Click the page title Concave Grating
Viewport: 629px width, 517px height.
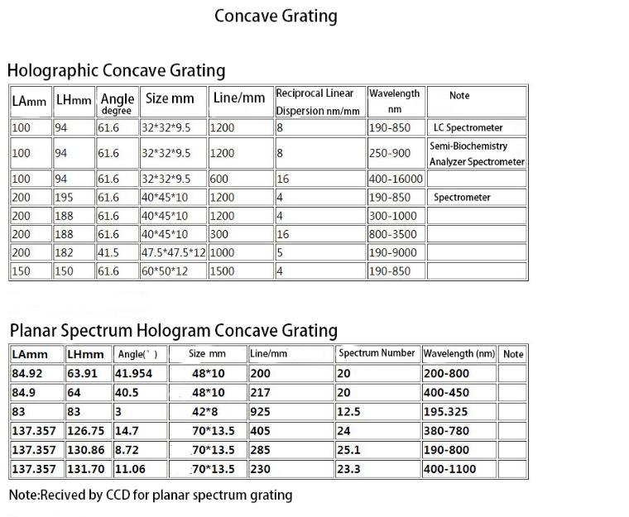276,16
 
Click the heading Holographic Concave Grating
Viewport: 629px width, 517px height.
116,70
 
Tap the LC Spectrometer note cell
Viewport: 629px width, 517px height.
468,128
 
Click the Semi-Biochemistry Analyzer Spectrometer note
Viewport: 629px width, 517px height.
477,154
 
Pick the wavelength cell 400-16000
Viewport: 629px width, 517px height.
396,179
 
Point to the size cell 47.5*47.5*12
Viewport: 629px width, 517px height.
173,252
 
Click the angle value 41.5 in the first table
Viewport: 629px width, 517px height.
108,252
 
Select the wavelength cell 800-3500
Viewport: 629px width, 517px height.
393,234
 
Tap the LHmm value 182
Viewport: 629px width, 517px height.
64,252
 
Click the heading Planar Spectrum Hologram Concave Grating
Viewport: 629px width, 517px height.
173,331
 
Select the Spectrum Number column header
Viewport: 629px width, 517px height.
377,353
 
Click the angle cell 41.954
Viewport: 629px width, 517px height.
133,373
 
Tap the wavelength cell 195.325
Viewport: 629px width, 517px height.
447,411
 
